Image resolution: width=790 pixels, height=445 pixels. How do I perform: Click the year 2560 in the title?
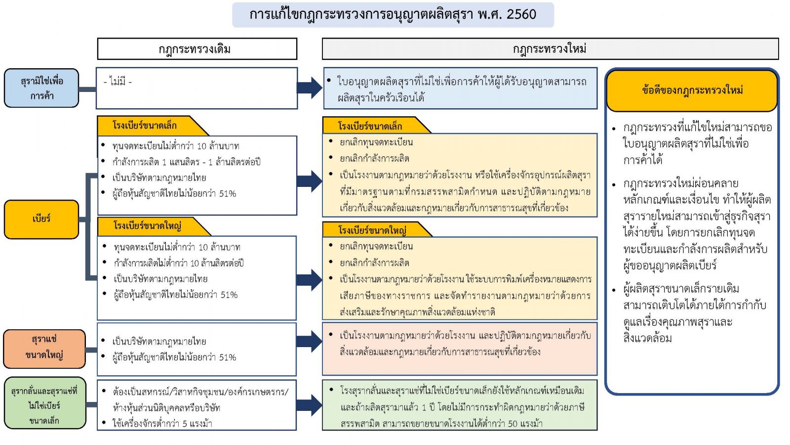521,14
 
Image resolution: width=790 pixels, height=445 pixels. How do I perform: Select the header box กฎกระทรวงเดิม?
197,49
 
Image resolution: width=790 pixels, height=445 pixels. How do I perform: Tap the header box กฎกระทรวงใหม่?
550,49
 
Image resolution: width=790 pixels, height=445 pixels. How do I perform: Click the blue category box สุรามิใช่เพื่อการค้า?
41,88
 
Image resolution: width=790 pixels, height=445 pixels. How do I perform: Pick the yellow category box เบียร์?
41,220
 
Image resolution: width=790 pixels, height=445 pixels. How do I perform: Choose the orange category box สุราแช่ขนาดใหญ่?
44,349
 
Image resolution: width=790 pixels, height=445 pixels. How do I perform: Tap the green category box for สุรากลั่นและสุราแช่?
45,403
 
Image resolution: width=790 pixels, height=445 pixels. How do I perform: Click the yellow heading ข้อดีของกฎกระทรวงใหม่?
692,90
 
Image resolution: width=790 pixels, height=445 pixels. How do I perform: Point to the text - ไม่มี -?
118,82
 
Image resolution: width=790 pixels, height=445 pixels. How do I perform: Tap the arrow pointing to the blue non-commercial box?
309,88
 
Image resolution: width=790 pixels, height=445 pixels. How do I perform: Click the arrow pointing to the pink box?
309,342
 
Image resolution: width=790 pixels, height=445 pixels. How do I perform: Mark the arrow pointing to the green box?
309,405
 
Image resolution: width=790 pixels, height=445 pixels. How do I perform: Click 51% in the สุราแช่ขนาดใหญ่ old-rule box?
228,357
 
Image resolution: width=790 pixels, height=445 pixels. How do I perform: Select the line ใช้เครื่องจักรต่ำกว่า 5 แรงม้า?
162,423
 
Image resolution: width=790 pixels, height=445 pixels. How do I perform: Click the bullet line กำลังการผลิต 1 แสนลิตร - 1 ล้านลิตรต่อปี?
186,162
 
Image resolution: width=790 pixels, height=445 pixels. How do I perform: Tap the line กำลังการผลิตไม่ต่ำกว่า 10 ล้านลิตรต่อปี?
178,263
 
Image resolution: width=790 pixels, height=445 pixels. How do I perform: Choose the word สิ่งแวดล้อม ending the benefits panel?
647,338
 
